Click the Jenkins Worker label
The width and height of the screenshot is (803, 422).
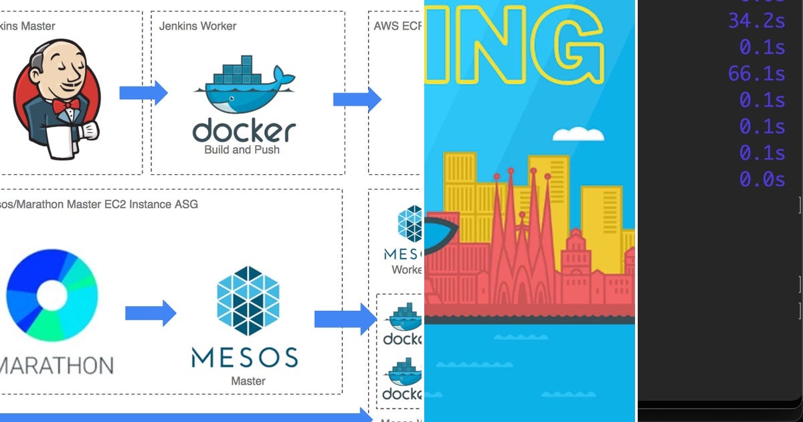(197, 26)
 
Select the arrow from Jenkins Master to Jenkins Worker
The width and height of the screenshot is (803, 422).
(143, 93)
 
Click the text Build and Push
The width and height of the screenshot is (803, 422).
(242, 149)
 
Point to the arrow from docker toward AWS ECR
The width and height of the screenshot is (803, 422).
(357, 100)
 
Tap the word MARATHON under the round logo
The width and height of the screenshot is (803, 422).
(56, 366)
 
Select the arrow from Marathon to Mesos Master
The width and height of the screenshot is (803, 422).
(151, 313)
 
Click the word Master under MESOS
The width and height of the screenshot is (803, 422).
(248, 381)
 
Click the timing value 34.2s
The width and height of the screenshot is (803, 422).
(756, 20)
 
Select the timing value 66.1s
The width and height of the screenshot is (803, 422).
(756, 73)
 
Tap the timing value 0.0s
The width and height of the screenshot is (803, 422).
(762, 179)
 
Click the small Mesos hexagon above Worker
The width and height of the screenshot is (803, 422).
(410, 223)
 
